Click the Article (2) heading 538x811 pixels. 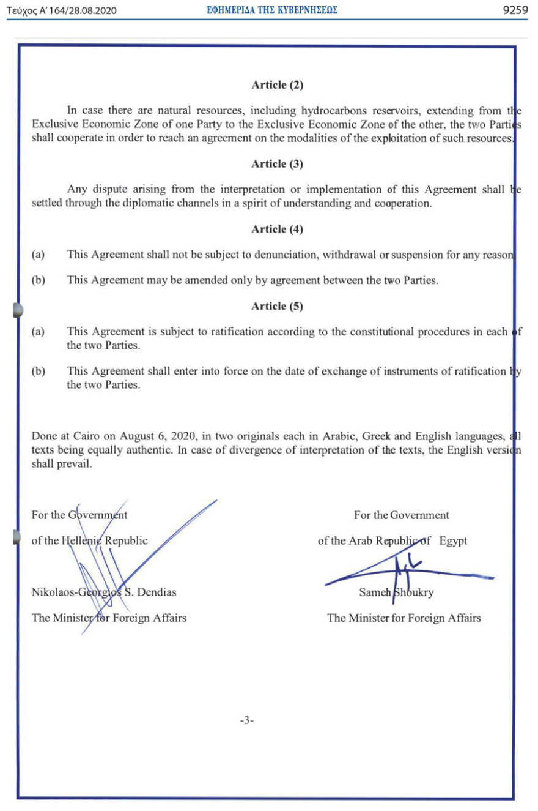click(277, 85)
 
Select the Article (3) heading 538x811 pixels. click(277, 163)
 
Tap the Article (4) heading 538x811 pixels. click(277, 230)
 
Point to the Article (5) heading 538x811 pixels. click(277, 306)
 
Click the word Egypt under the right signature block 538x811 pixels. click(453, 541)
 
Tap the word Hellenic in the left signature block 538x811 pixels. click(83, 541)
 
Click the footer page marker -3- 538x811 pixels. click(246, 721)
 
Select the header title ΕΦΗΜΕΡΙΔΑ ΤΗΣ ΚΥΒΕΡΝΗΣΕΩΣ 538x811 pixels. click(272, 10)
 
